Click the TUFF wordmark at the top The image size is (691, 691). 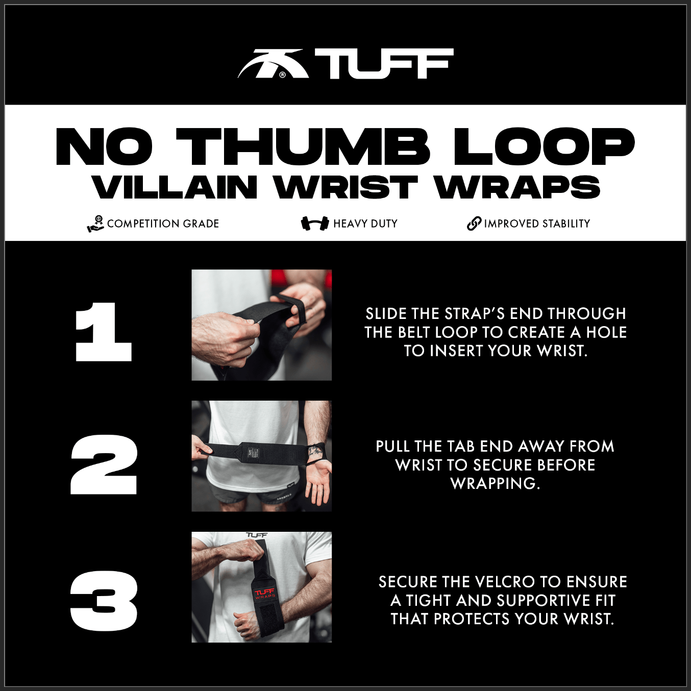(x=384, y=64)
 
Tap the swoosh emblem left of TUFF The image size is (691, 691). (x=273, y=64)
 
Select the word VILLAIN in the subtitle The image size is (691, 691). (x=175, y=187)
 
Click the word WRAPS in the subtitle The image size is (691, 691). (x=517, y=187)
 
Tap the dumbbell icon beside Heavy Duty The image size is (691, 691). (x=314, y=224)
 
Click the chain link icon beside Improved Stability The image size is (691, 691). (x=474, y=224)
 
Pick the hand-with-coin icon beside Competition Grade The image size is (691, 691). (x=95, y=224)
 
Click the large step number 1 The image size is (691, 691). (x=104, y=332)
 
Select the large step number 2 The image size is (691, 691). (x=104, y=464)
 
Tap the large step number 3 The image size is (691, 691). (x=104, y=601)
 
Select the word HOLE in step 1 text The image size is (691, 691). (x=606, y=332)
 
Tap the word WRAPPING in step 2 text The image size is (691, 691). (x=495, y=483)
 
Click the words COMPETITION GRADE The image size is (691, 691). (x=163, y=224)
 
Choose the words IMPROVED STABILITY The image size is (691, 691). (x=537, y=224)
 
